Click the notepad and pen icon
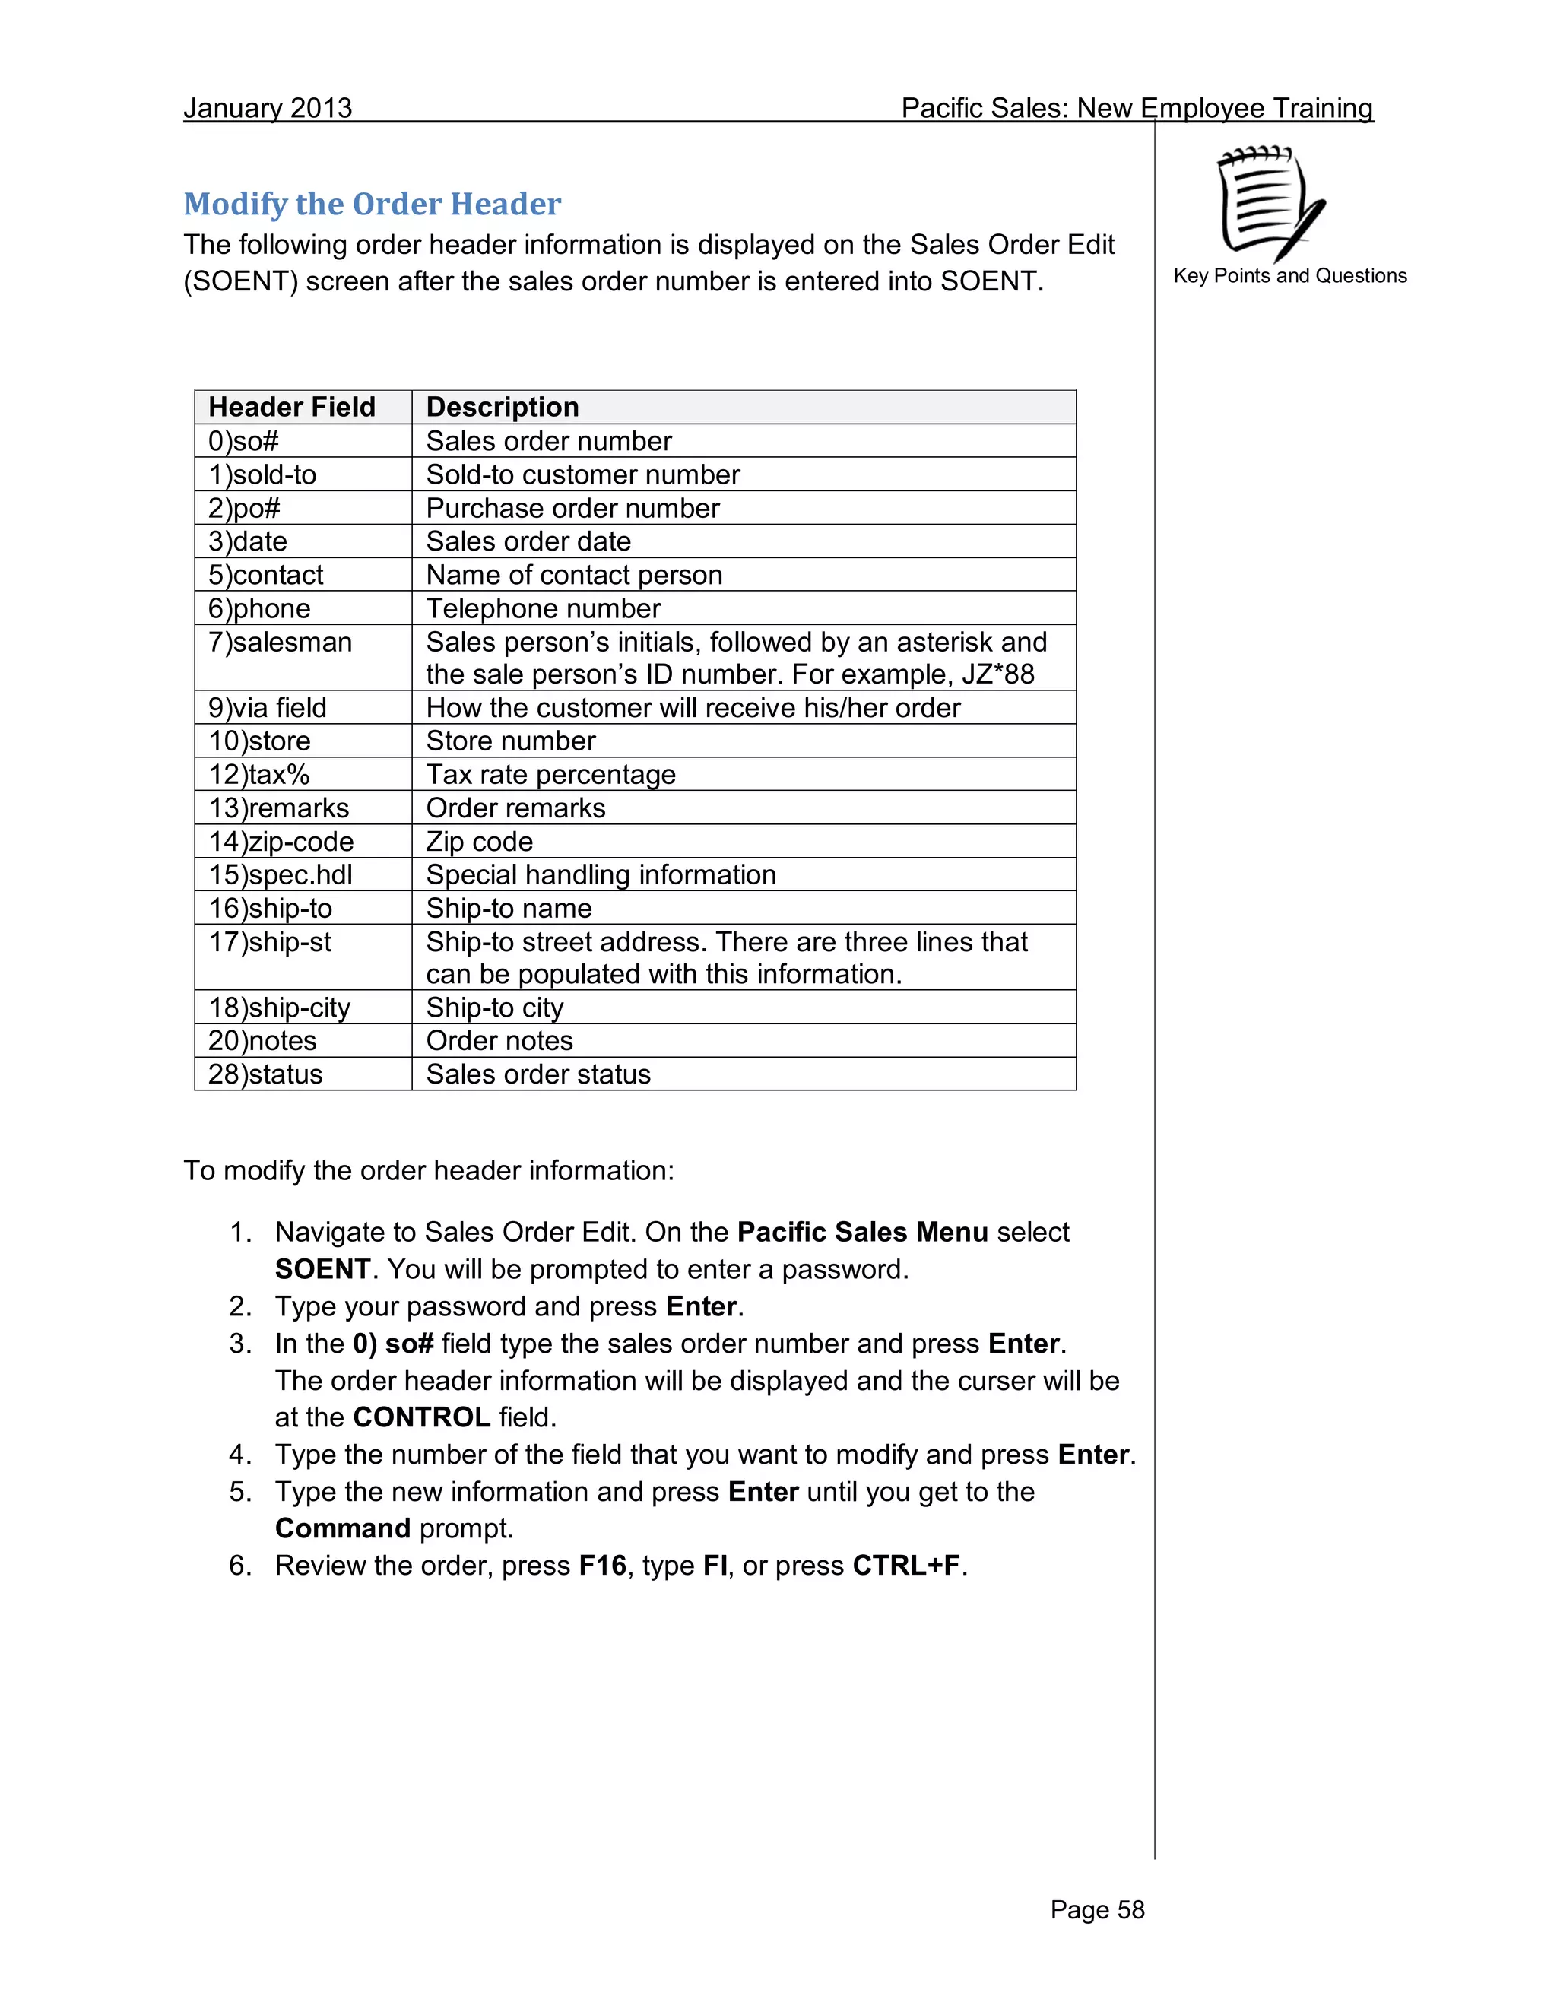click(1271, 203)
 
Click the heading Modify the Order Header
click(372, 204)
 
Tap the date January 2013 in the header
click(268, 108)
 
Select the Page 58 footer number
click(1097, 1909)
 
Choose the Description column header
click(502, 407)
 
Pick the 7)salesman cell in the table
click(281, 643)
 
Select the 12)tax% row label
click(259, 774)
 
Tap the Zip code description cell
click(479, 842)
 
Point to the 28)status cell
click(265, 1074)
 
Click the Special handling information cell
click(601, 874)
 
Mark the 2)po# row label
click(245, 509)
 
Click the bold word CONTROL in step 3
click(421, 1417)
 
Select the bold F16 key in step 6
click(602, 1566)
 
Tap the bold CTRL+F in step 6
click(905, 1566)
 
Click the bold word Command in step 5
click(342, 1529)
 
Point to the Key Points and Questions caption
click(1289, 276)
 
